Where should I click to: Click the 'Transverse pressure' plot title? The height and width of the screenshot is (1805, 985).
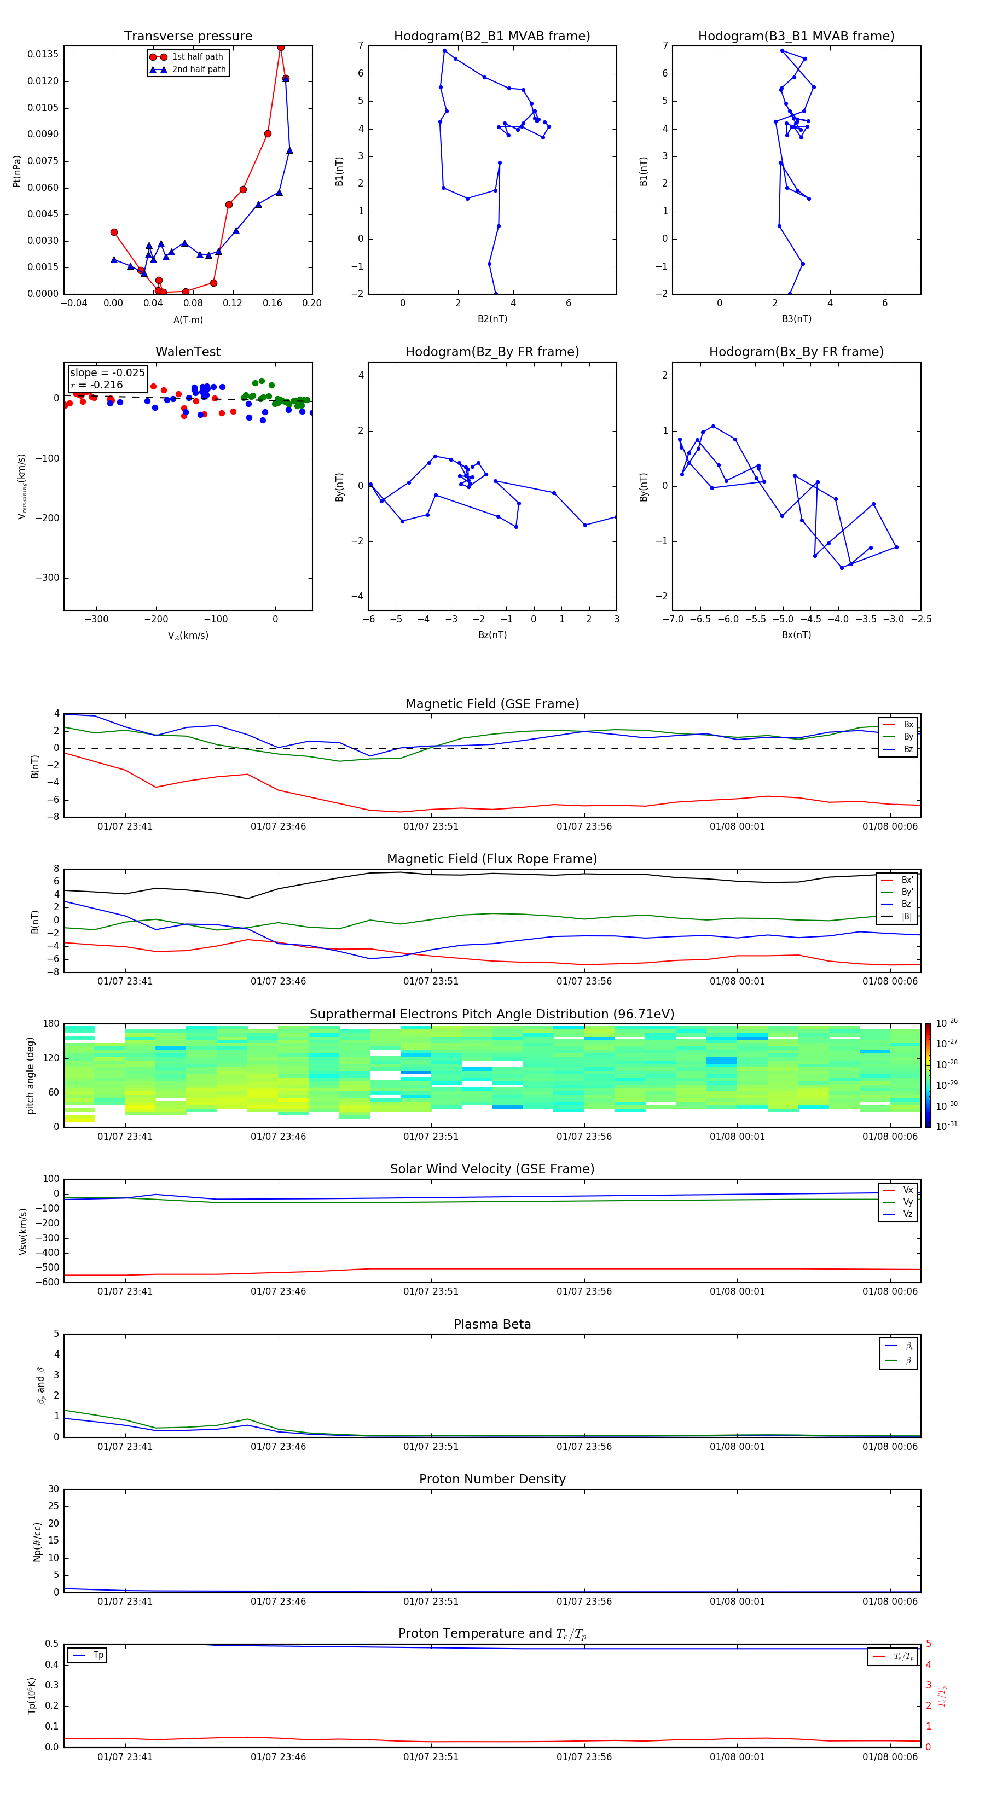click(x=188, y=37)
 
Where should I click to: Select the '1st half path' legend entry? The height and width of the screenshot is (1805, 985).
click(x=197, y=57)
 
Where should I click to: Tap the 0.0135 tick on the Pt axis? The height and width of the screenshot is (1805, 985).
click(x=43, y=55)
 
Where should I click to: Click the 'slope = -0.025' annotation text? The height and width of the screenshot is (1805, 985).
click(x=107, y=373)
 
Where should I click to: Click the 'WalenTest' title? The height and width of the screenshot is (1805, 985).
click(x=188, y=352)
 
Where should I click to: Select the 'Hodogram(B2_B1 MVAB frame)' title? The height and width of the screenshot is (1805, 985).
click(x=491, y=37)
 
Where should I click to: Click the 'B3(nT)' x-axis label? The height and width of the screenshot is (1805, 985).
click(x=796, y=319)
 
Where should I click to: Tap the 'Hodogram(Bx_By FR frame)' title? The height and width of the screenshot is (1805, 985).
click(x=796, y=352)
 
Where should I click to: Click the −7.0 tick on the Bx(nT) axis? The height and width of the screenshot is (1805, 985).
click(x=673, y=619)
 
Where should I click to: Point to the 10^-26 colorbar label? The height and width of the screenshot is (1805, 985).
click(x=947, y=1023)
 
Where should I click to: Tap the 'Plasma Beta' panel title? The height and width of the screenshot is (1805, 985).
click(x=492, y=1324)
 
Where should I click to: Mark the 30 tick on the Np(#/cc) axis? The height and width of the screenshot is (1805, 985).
click(x=53, y=1490)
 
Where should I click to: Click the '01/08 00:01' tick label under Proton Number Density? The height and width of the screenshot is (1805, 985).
click(x=737, y=1601)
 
